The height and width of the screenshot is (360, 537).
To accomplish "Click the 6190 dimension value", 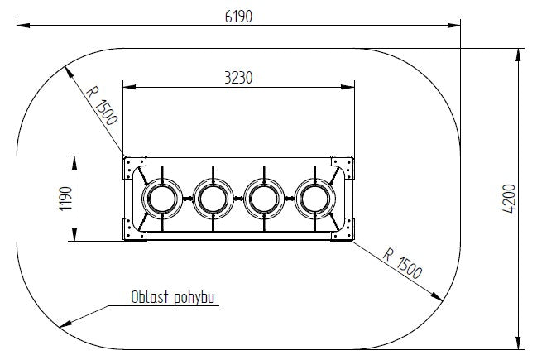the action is tap(238, 17).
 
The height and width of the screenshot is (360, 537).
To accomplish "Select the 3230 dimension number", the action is tap(238, 78).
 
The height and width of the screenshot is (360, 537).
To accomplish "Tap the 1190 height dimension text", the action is tap(65, 199).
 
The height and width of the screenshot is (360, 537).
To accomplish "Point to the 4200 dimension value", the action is tap(509, 199).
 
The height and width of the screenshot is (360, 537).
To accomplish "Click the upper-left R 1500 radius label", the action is tap(102, 106).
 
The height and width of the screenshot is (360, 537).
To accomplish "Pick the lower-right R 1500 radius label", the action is tap(402, 263).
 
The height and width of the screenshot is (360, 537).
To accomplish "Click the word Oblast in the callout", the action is tap(150, 297).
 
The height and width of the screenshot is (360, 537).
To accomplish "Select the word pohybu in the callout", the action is tap(194, 298).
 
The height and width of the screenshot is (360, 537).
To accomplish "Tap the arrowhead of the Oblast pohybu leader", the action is tap(65, 324).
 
